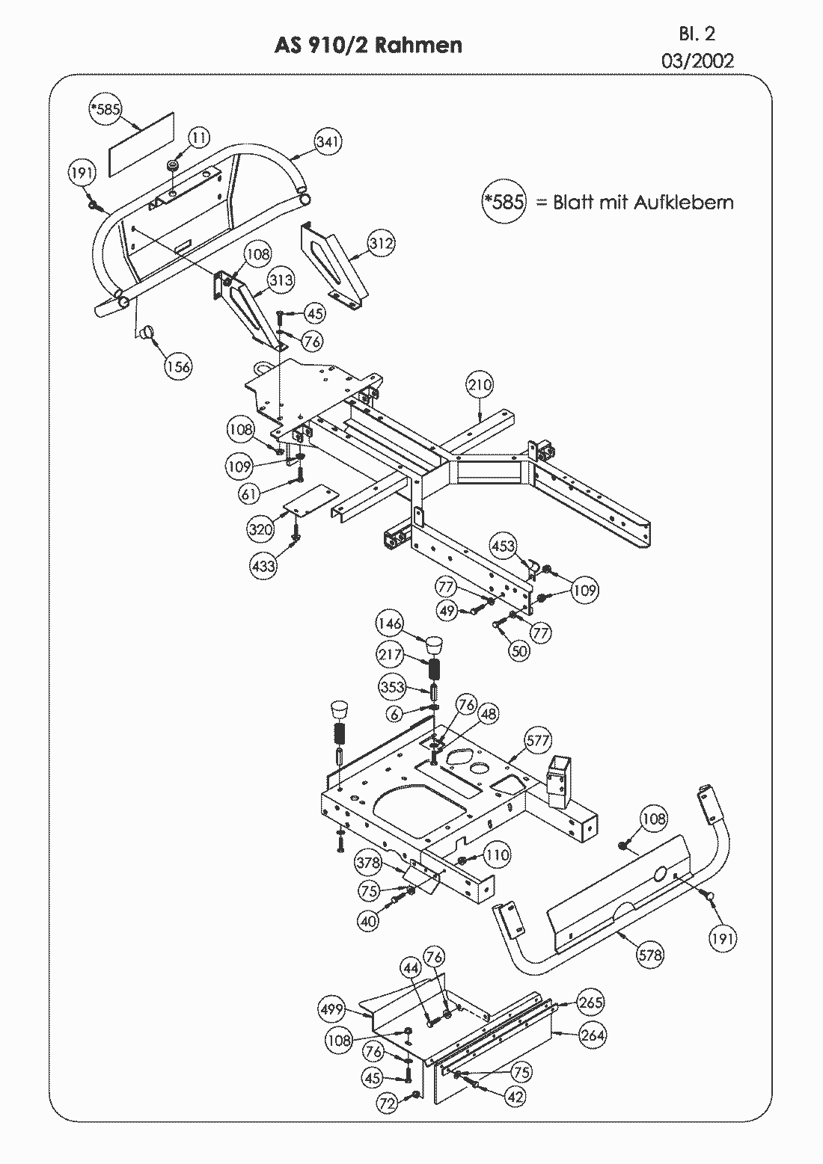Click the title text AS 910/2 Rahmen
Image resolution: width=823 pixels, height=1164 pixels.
tap(368, 46)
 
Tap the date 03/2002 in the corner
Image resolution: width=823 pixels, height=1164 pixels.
tap(697, 61)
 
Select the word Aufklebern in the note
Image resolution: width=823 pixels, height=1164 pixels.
tap(684, 202)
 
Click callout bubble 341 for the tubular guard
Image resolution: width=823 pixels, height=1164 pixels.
tap(328, 141)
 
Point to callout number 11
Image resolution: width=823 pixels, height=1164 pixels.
tap(198, 138)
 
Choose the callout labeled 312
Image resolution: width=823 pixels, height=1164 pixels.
tap(381, 244)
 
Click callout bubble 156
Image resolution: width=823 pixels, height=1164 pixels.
tap(178, 366)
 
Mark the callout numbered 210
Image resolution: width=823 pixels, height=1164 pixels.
tap(480, 386)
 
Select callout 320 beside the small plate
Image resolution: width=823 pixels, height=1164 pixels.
tap(261, 529)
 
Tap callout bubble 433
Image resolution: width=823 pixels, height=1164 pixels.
tap(263, 566)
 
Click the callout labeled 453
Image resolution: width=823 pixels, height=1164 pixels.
tap(503, 546)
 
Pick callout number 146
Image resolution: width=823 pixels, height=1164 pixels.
tap(390, 623)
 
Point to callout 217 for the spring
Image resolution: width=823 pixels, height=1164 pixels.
tap(390, 655)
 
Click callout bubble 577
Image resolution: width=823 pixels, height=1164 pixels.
tap(537, 741)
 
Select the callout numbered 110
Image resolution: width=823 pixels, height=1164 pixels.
tap(497, 854)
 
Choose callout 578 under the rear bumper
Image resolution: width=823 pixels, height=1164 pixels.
tap(650, 955)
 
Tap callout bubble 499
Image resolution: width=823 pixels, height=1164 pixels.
tap(331, 1009)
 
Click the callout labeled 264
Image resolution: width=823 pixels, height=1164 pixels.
tap(592, 1035)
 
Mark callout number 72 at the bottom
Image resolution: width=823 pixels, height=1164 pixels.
tap(386, 1103)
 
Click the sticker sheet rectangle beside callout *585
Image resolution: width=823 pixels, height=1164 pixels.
tap(141, 144)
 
